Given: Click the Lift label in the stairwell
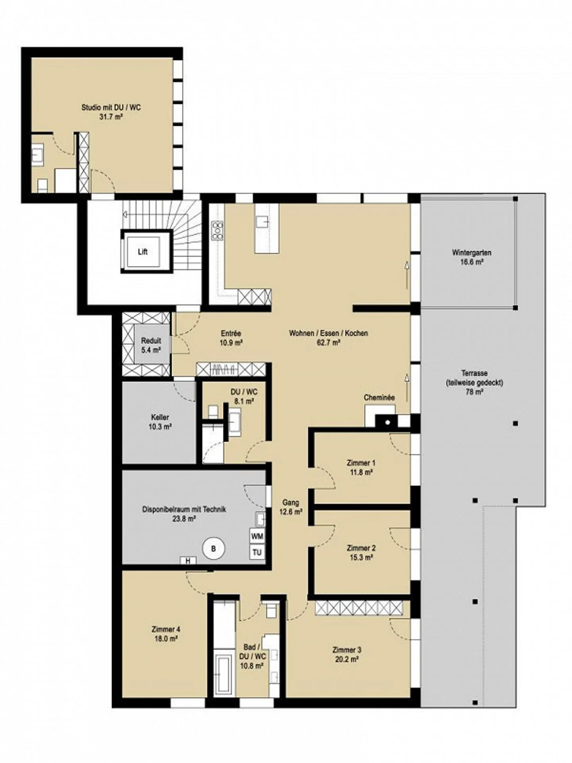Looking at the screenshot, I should [x=143, y=252].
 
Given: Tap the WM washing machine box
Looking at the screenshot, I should [x=257, y=536].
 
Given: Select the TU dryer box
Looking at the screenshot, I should [x=257, y=552].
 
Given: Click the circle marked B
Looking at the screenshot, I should [x=214, y=549].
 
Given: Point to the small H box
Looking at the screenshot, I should [x=188, y=561].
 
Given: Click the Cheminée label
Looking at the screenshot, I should [x=379, y=397].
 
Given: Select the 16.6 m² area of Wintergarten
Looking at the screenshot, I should [x=472, y=262].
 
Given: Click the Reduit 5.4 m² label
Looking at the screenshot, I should [x=151, y=345].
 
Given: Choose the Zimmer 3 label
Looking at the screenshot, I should [x=347, y=650].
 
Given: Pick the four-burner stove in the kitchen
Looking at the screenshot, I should [x=218, y=230].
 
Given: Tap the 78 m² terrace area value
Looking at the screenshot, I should [x=472, y=392].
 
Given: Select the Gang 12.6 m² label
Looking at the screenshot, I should [x=290, y=507].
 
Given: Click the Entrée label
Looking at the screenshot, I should [x=231, y=333].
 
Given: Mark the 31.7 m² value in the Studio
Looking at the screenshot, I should [x=111, y=117].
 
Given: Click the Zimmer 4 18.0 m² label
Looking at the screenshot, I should [x=166, y=634].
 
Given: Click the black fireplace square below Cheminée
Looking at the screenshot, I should [x=388, y=422].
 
